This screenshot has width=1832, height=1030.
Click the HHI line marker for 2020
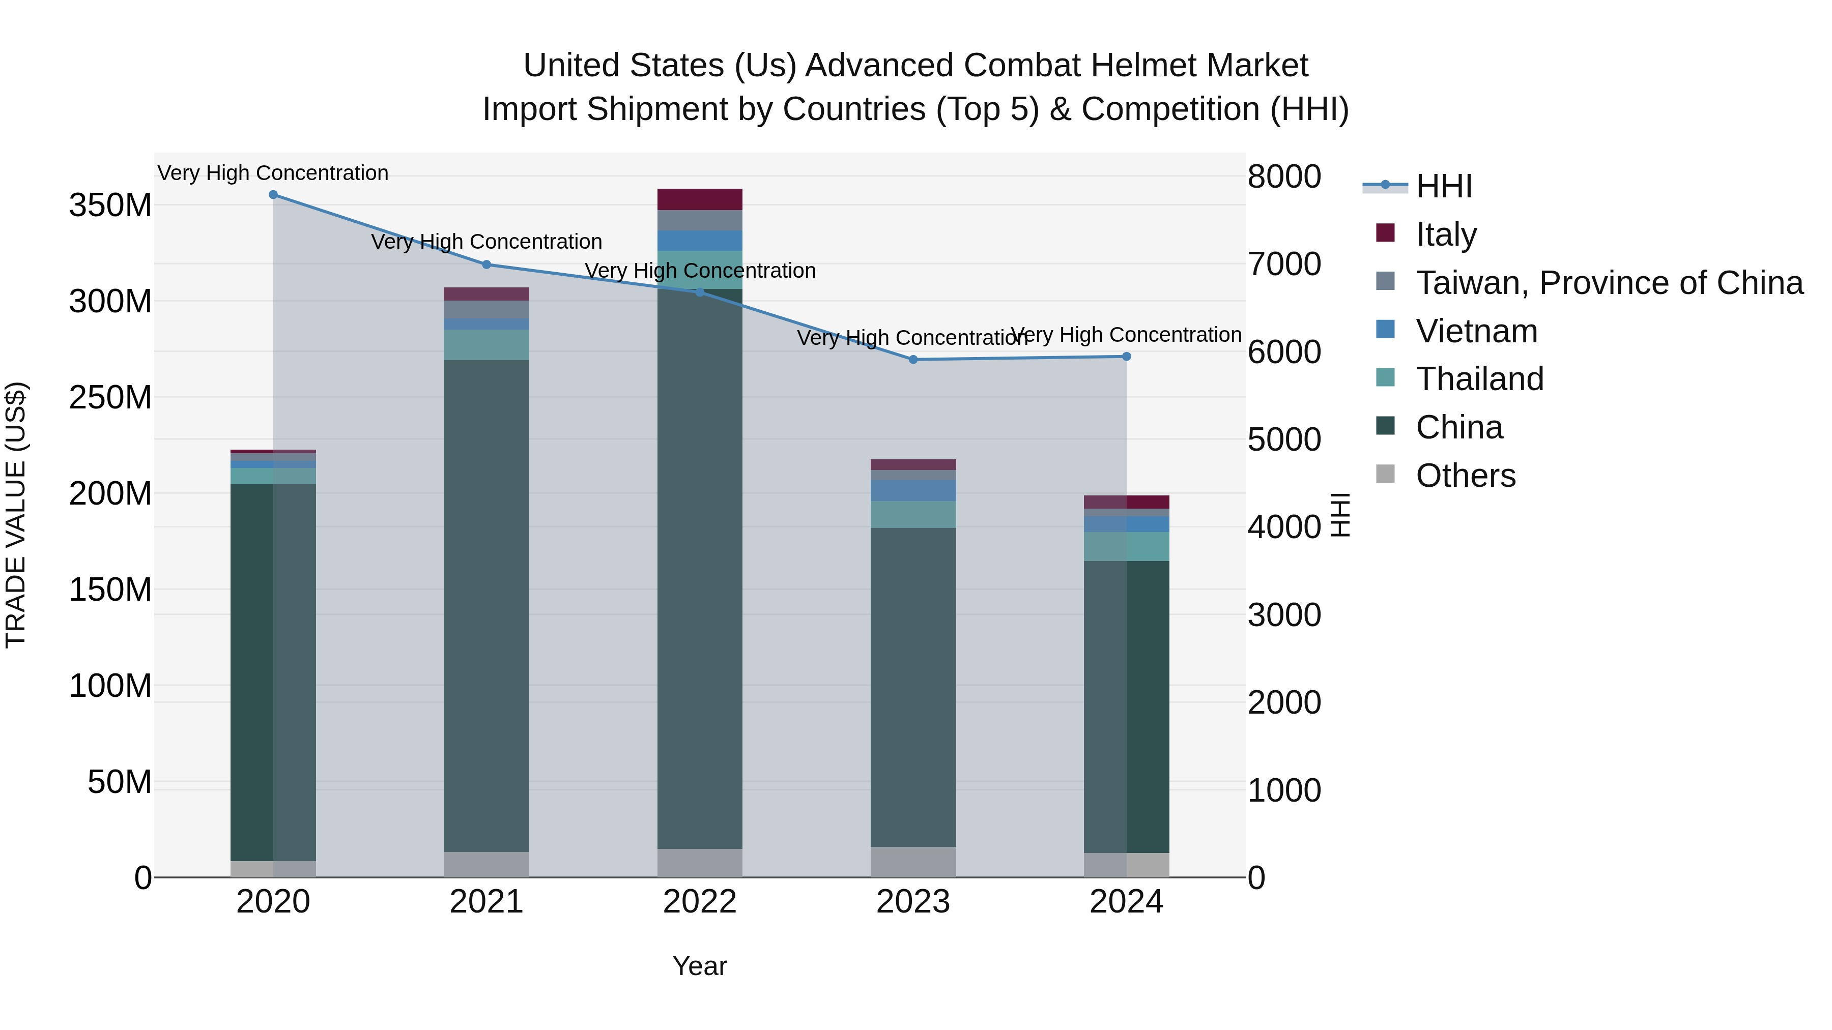click(273, 195)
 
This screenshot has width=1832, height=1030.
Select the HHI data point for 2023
click(913, 360)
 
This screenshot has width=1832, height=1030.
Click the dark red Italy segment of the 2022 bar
click(700, 199)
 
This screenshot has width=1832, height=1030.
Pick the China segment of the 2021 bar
click(486, 604)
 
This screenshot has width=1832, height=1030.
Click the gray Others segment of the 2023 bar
click(913, 862)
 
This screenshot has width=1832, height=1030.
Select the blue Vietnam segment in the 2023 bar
click(913, 490)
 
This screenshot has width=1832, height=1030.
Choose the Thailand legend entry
click(1479, 379)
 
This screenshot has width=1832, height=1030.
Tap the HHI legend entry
click(1444, 186)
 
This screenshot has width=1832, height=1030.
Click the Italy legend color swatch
click(1385, 233)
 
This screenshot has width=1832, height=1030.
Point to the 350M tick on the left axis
click(110, 205)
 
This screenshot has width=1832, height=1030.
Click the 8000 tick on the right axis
click(1284, 176)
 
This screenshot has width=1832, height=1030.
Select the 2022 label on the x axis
click(700, 902)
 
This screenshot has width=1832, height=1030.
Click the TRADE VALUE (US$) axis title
click(16, 515)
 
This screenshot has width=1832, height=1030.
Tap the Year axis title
click(700, 966)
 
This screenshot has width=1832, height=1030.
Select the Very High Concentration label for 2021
click(486, 242)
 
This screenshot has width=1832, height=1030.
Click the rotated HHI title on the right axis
click(1340, 515)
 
